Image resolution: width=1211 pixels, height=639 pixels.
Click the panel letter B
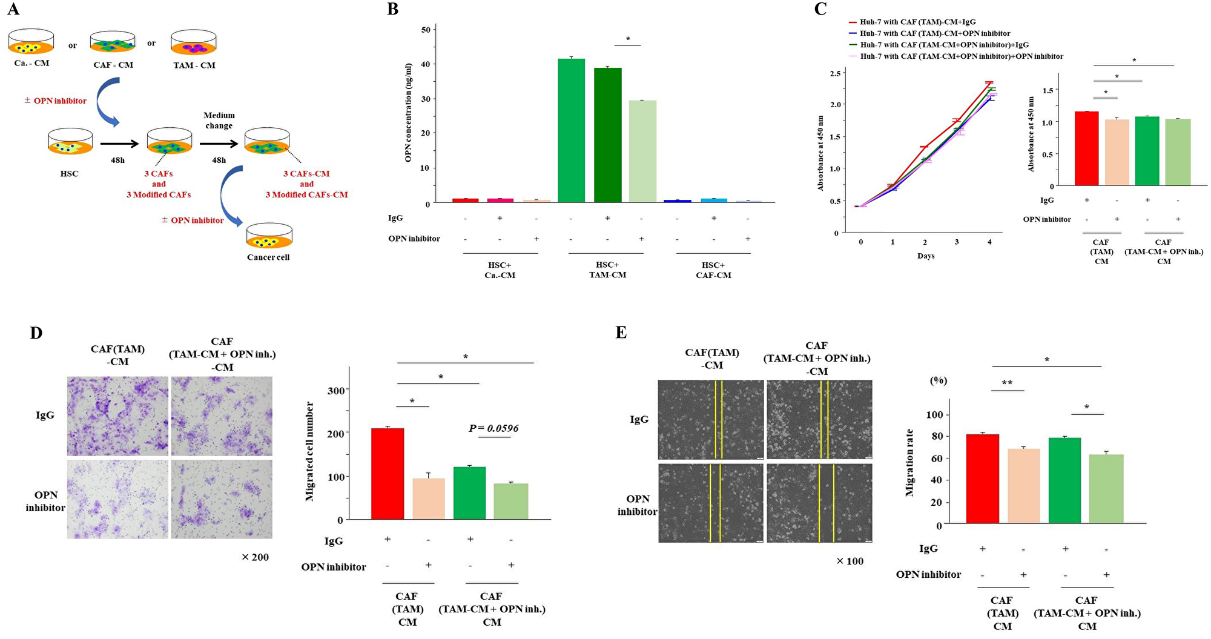pyautogui.click(x=393, y=10)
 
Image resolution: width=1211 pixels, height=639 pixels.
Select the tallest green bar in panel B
pyautogui.click(x=571, y=130)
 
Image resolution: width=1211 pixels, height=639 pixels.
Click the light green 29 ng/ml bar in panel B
pyautogui.click(x=642, y=151)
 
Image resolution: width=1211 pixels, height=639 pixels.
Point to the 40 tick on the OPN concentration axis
pyautogui.click(x=426, y=64)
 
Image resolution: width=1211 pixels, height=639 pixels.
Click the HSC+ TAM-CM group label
pyautogui.click(x=607, y=270)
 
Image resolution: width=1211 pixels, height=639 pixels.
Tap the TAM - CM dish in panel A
pyautogui.click(x=194, y=44)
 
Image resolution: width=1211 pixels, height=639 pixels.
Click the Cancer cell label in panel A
pyautogui.click(x=268, y=257)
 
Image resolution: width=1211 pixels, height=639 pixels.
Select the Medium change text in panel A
pyautogui.click(x=219, y=121)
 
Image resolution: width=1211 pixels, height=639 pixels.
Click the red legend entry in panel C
pyautogui.click(x=917, y=22)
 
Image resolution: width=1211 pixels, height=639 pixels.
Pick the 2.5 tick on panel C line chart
pyautogui.click(x=835, y=73)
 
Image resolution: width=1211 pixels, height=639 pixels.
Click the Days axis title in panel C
pyautogui.click(x=926, y=256)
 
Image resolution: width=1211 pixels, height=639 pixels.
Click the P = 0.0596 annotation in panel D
pyautogui.click(x=493, y=429)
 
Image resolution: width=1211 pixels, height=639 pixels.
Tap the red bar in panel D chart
pyautogui.click(x=388, y=474)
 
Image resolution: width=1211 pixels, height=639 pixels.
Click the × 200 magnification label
pyautogui.click(x=255, y=557)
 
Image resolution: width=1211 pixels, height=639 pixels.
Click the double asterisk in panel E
pyautogui.click(x=1007, y=383)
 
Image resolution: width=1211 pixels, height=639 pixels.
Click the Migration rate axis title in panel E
pyautogui.click(x=909, y=463)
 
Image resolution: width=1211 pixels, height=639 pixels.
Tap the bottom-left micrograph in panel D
pyautogui.click(x=117, y=499)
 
